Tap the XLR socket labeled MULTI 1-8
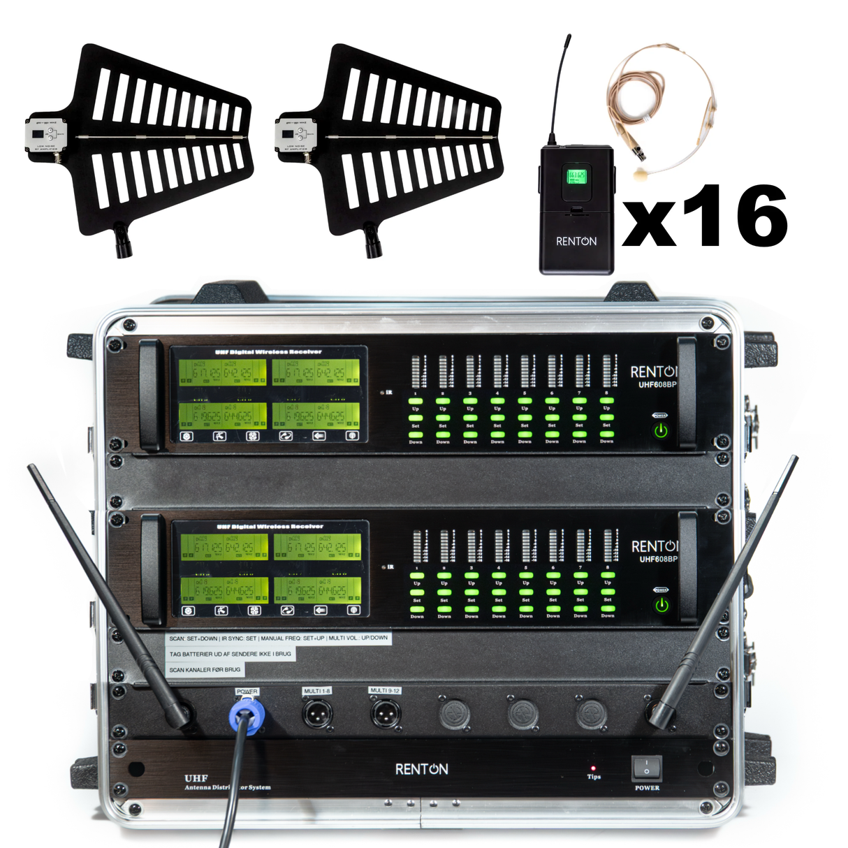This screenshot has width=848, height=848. [317, 714]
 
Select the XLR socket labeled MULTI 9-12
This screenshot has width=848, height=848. [384, 713]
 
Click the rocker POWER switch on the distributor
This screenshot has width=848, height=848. [646, 768]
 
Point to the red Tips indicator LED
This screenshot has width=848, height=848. [593, 768]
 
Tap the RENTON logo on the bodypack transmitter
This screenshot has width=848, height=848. [576, 241]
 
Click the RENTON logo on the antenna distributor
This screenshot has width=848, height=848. [421, 769]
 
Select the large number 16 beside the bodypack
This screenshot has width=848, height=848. [733, 216]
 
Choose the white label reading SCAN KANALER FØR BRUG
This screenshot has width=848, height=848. [205, 670]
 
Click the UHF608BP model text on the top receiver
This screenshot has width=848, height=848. [657, 385]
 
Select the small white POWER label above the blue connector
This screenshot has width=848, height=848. [247, 692]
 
